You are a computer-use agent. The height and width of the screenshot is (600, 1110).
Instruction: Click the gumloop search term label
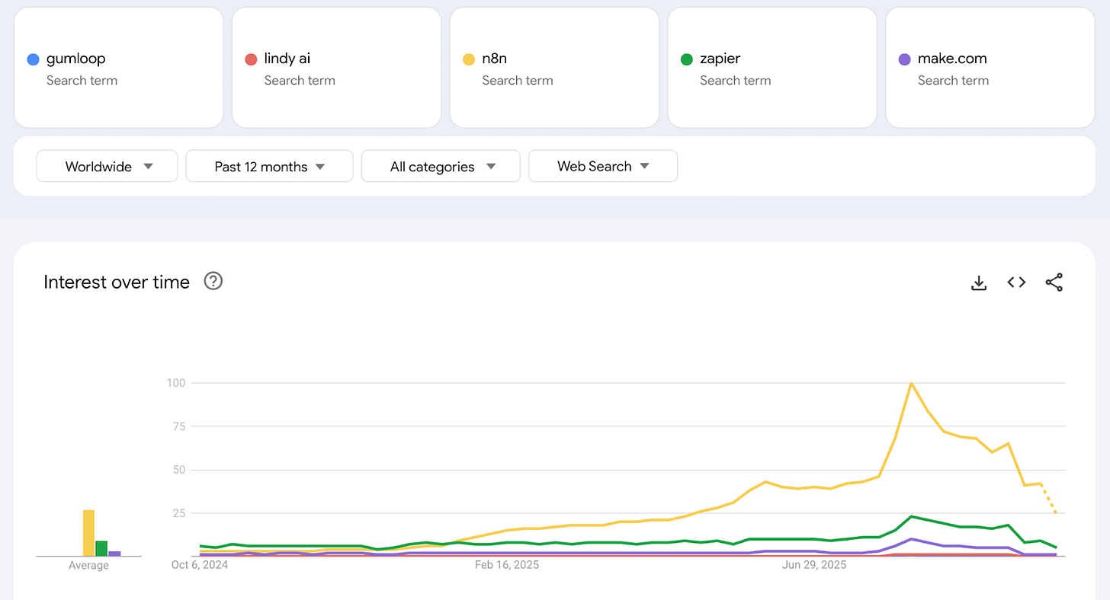[75, 59]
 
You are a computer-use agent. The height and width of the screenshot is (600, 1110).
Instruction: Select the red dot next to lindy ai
[251, 59]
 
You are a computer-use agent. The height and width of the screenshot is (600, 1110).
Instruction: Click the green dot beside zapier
[686, 59]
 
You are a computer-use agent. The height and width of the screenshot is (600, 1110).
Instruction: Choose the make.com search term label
[952, 59]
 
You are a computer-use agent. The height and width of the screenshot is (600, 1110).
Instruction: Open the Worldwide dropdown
[107, 166]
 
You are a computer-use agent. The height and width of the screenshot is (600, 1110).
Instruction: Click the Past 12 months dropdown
[269, 166]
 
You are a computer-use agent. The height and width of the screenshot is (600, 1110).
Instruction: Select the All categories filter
[441, 166]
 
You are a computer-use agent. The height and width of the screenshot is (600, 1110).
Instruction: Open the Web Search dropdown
[602, 166]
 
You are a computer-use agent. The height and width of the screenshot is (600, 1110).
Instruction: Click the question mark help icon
[213, 282]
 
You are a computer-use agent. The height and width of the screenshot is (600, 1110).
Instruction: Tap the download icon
[979, 282]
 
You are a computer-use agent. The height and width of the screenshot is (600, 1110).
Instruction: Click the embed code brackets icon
[1016, 282]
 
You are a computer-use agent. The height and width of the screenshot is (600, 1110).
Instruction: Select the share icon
[1054, 282]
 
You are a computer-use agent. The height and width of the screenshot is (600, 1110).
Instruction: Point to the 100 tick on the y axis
[176, 382]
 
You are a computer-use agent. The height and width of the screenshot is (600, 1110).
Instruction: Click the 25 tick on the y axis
[179, 513]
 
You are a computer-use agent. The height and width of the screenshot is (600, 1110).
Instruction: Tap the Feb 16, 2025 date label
[507, 565]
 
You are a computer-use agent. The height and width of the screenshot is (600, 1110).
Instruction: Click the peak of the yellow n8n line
[911, 383]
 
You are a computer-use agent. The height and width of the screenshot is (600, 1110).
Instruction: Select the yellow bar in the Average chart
[88, 533]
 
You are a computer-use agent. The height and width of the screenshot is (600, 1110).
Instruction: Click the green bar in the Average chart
[101, 548]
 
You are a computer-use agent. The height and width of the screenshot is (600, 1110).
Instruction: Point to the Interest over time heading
[117, 282]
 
